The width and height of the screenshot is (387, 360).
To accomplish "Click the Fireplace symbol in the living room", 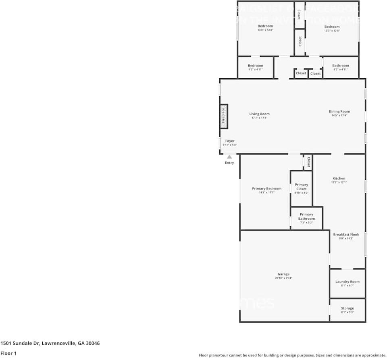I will (224, 117).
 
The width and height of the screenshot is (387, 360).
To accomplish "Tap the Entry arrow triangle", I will (229, 157).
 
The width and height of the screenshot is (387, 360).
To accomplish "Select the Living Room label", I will (259, 114).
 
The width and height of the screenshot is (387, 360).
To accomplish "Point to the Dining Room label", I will (339, 112).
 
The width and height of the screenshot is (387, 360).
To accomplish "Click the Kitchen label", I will (339, 179).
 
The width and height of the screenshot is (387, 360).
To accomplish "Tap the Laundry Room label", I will (347, 282).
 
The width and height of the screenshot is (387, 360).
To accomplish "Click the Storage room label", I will (347, 308).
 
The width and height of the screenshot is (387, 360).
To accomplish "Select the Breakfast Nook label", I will (346, 235).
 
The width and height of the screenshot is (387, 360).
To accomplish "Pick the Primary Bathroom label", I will (306, 216).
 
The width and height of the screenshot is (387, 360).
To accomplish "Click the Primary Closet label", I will (301, 187).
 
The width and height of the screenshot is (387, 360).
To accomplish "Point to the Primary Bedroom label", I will (266, 189).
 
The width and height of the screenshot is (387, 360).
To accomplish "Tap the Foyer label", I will (230, 141).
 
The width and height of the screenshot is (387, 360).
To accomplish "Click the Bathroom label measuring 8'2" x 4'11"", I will (341, 66).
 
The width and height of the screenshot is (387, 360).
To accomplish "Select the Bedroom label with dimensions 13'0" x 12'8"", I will (265, 26).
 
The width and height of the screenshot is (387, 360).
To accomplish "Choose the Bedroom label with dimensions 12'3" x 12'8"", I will (332, 27).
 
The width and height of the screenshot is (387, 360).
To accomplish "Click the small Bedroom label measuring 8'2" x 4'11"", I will (255, 66).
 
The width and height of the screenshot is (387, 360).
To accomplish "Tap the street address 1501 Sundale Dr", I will (50, 343).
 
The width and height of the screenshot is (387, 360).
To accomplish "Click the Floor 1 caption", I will (9, 353).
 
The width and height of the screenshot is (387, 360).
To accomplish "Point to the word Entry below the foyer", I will (229, 163).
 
